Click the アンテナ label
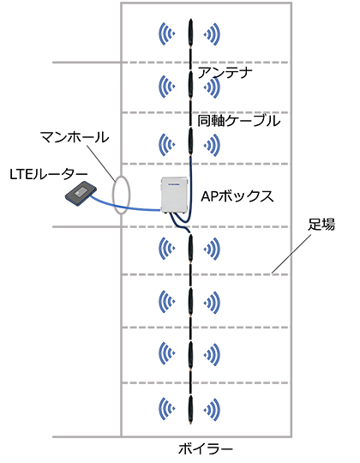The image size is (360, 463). tap(225, 73)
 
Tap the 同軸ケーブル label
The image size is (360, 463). tap(238, 121)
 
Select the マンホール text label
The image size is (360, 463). tap(75, 137)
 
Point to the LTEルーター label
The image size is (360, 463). tap(49, 175)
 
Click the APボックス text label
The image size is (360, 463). tap(237, 196)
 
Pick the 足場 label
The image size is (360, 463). tap(321, 225)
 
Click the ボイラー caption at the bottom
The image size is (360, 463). tap(206, 448)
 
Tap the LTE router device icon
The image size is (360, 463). tap(81, 194)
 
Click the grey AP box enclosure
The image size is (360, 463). tap(174, 195)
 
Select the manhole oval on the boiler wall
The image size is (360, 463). tap(112, 195)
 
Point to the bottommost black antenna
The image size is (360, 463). tap(191, 410)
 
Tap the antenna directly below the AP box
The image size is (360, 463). tap(191, 248)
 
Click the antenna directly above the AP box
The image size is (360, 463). tap(191, 142)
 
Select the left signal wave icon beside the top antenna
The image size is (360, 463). tap(167, 34)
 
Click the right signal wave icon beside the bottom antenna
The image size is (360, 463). tap(212, 410)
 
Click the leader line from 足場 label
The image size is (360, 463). tap(291, 254)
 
